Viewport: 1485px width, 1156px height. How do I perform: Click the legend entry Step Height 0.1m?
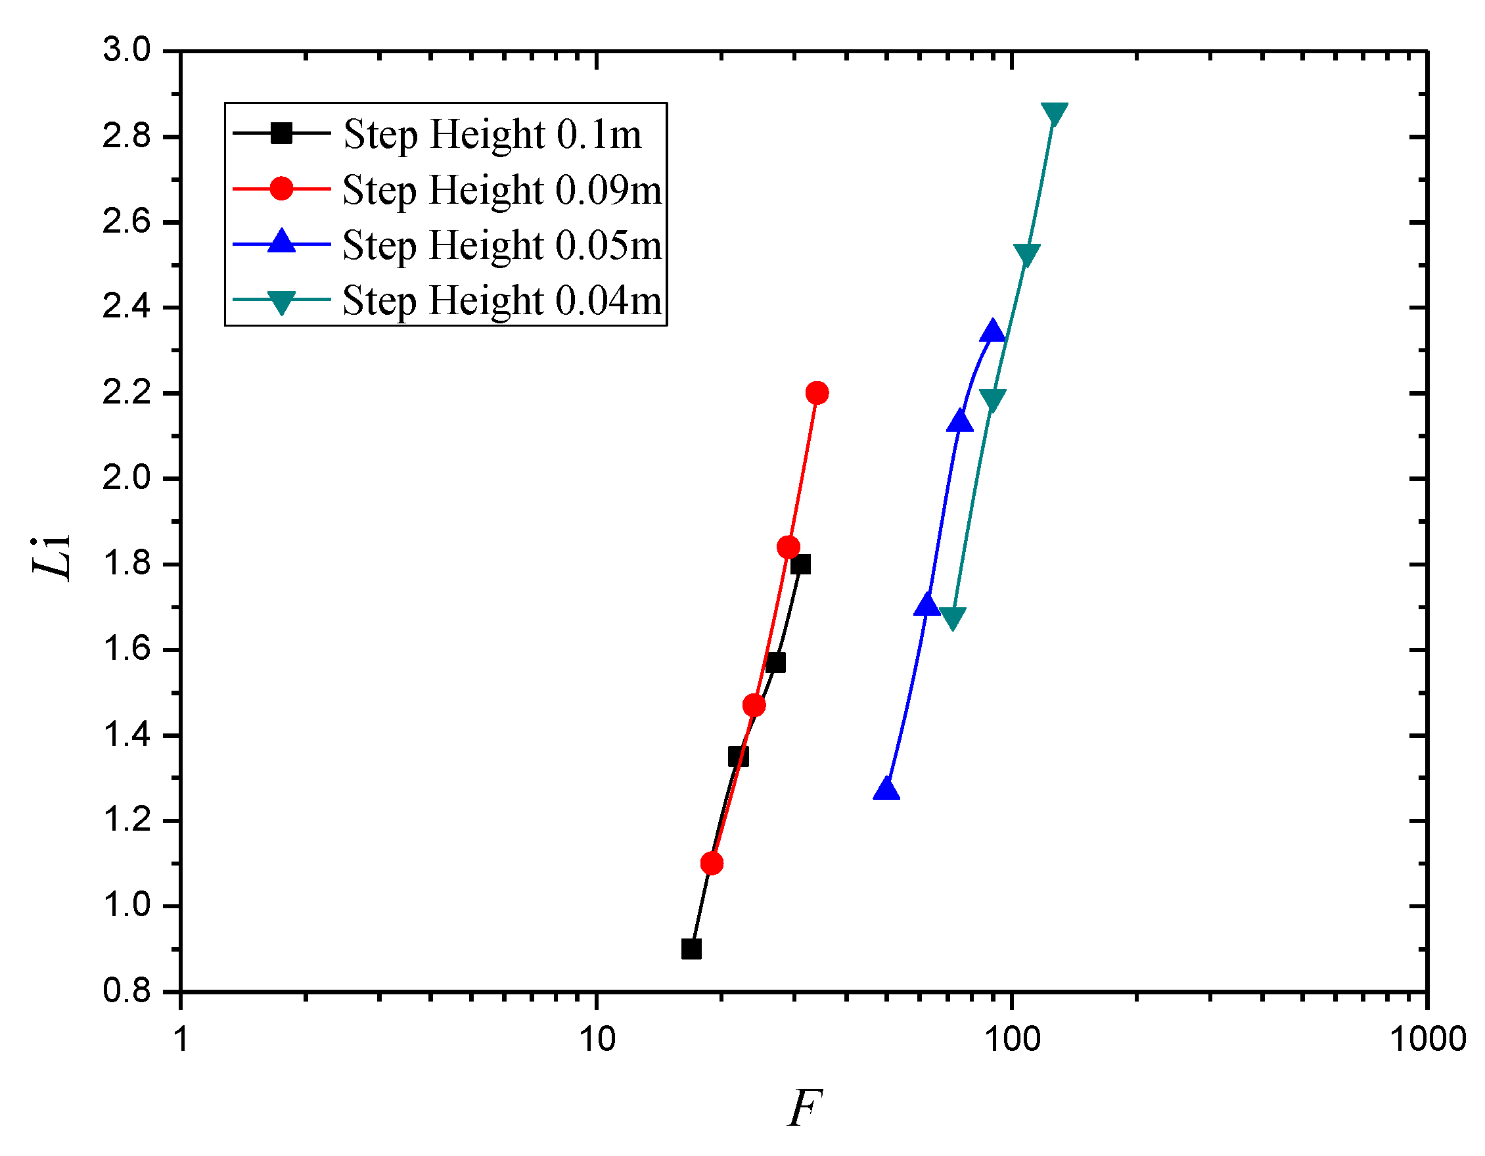[491, 134]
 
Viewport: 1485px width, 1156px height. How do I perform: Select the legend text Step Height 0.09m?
[501, 190]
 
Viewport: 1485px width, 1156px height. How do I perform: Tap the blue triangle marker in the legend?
[281, 242]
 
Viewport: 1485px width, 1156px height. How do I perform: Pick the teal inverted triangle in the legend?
[281, 301]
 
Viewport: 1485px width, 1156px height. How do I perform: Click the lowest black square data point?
[691, 949]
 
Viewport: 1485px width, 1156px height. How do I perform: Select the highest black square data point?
[800, 565]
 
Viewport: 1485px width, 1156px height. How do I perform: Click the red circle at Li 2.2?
[817, 392]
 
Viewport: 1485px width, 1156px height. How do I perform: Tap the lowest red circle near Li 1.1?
[711, 864]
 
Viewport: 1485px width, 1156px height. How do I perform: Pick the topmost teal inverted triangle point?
[1054, 114]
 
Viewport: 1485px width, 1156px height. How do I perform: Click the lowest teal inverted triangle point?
[953, 618]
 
